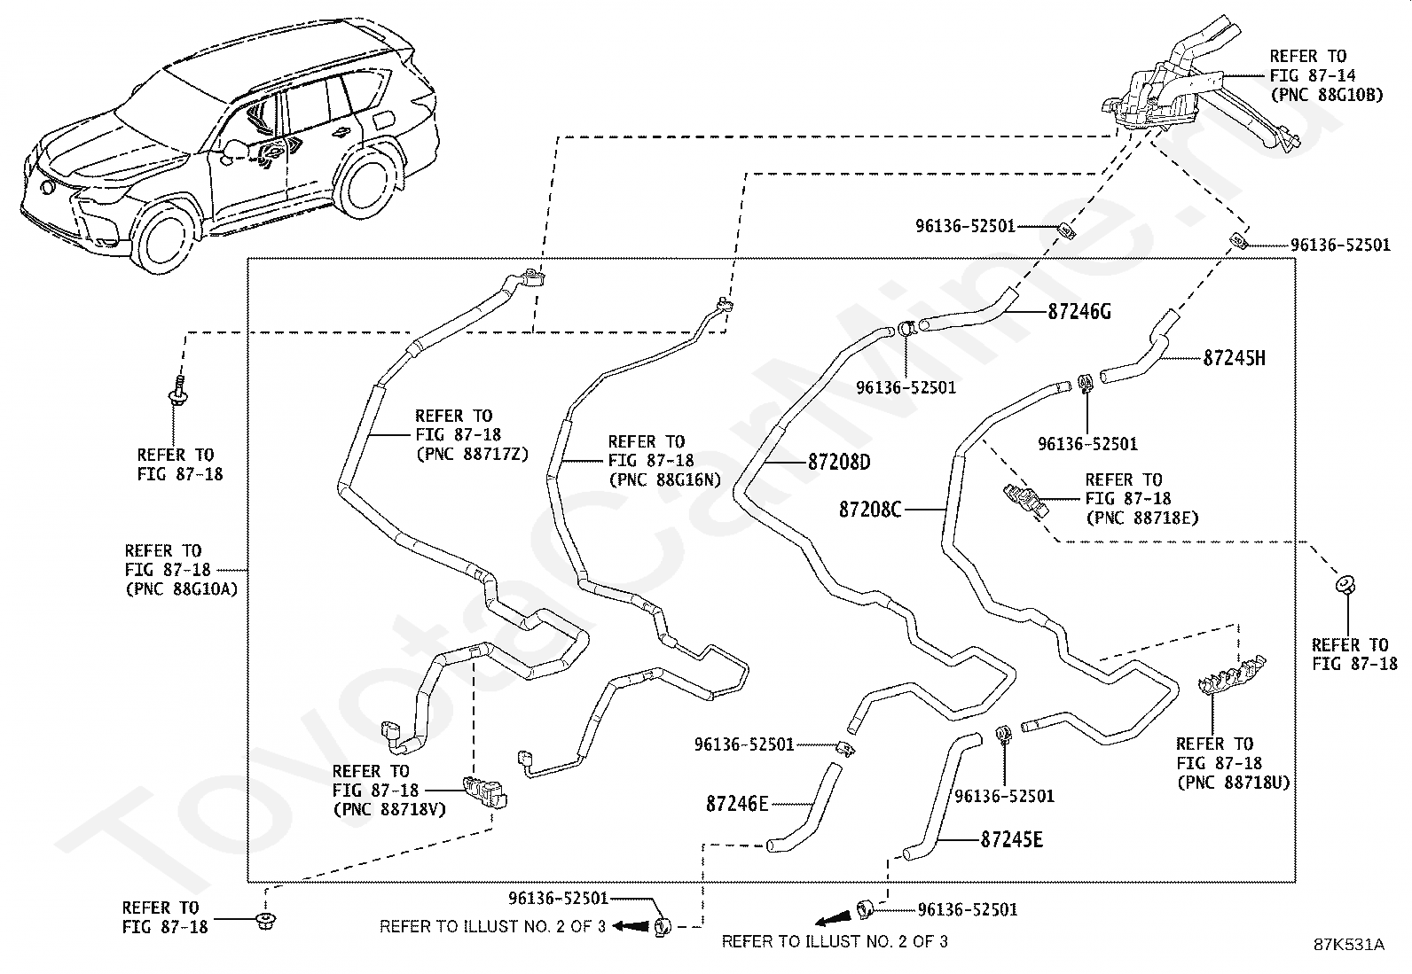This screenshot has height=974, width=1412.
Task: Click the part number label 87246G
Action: coord(1079,311)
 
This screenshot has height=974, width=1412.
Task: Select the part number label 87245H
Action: coord(1235,358)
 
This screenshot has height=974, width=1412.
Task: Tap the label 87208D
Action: coord(839,462)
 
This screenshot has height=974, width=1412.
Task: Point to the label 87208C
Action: coord(870,509)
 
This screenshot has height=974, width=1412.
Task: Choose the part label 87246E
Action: coord(737,804)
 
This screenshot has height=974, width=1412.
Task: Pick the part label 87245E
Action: coord(1012,839)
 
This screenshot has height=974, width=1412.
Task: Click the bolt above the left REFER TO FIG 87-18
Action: coord(178,391)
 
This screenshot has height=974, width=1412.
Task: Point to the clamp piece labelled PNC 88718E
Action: coord(1025,500)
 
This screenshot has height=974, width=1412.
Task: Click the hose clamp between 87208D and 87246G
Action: coord(906,327)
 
